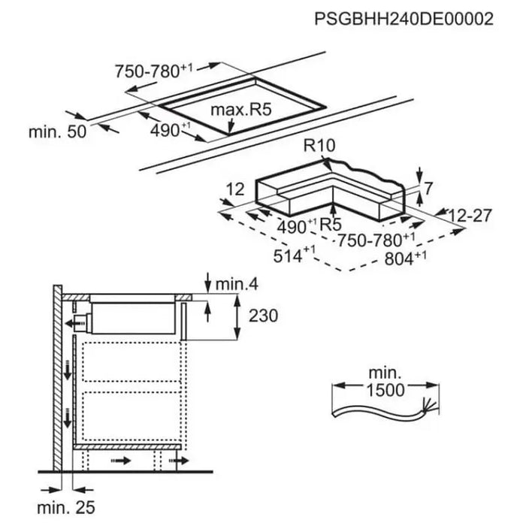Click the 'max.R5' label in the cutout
[240, 112]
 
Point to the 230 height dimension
[262, 316]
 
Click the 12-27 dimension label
[470, 216]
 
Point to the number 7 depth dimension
[428, 189]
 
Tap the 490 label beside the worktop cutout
[162, 129]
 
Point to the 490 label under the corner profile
[297, 227]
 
